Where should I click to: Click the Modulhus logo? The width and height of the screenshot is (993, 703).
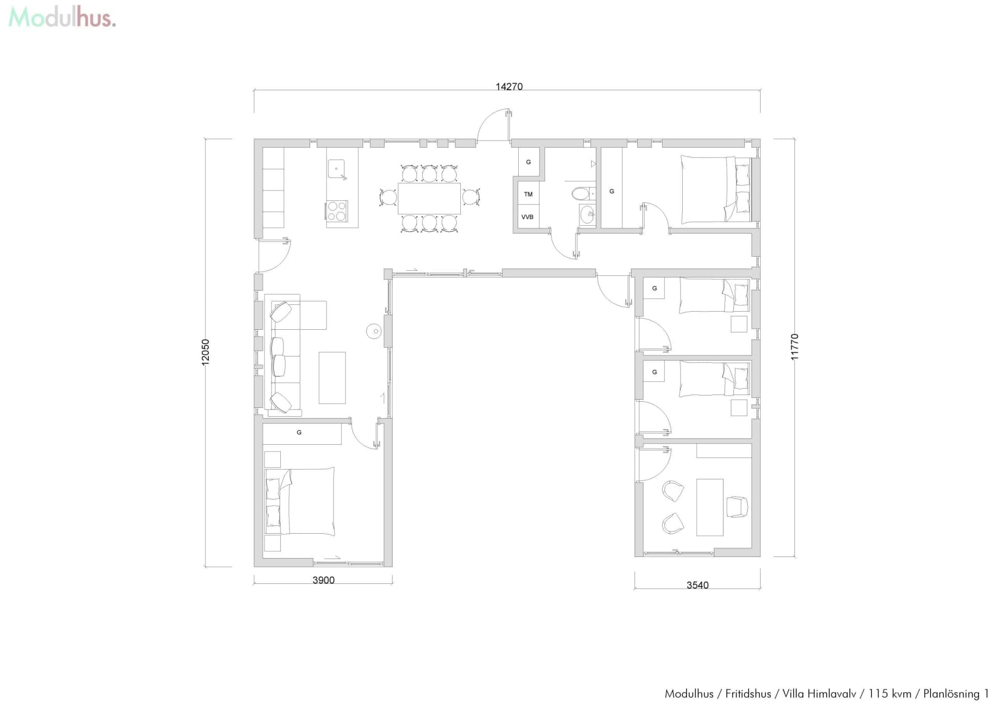[62, 18]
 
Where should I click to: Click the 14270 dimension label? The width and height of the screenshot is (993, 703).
[509, 86]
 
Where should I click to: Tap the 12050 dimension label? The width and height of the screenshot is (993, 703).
[205, 352]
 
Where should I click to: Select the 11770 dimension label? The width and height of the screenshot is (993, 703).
[794, 347]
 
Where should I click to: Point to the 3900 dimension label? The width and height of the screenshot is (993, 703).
[323, 580]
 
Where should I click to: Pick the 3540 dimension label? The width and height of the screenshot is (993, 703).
[697, 585]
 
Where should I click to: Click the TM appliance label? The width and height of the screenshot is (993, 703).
[528, 194]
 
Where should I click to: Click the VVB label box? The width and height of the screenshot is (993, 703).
[528, 217]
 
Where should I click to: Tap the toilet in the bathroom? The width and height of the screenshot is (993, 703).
[581, 194]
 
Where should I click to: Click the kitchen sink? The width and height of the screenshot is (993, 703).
[336, 169]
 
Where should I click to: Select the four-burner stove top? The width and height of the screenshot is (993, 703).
[337, 211]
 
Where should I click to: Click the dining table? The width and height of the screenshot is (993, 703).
[429, 198]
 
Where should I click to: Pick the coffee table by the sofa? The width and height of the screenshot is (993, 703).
[332, 377]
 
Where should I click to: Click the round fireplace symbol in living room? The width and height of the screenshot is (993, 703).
[373, 331]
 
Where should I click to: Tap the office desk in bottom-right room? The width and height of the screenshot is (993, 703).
[710, 507]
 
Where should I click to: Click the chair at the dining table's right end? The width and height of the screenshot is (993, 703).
[471, 197]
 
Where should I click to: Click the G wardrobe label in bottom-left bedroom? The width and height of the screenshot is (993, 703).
[299, 432]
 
